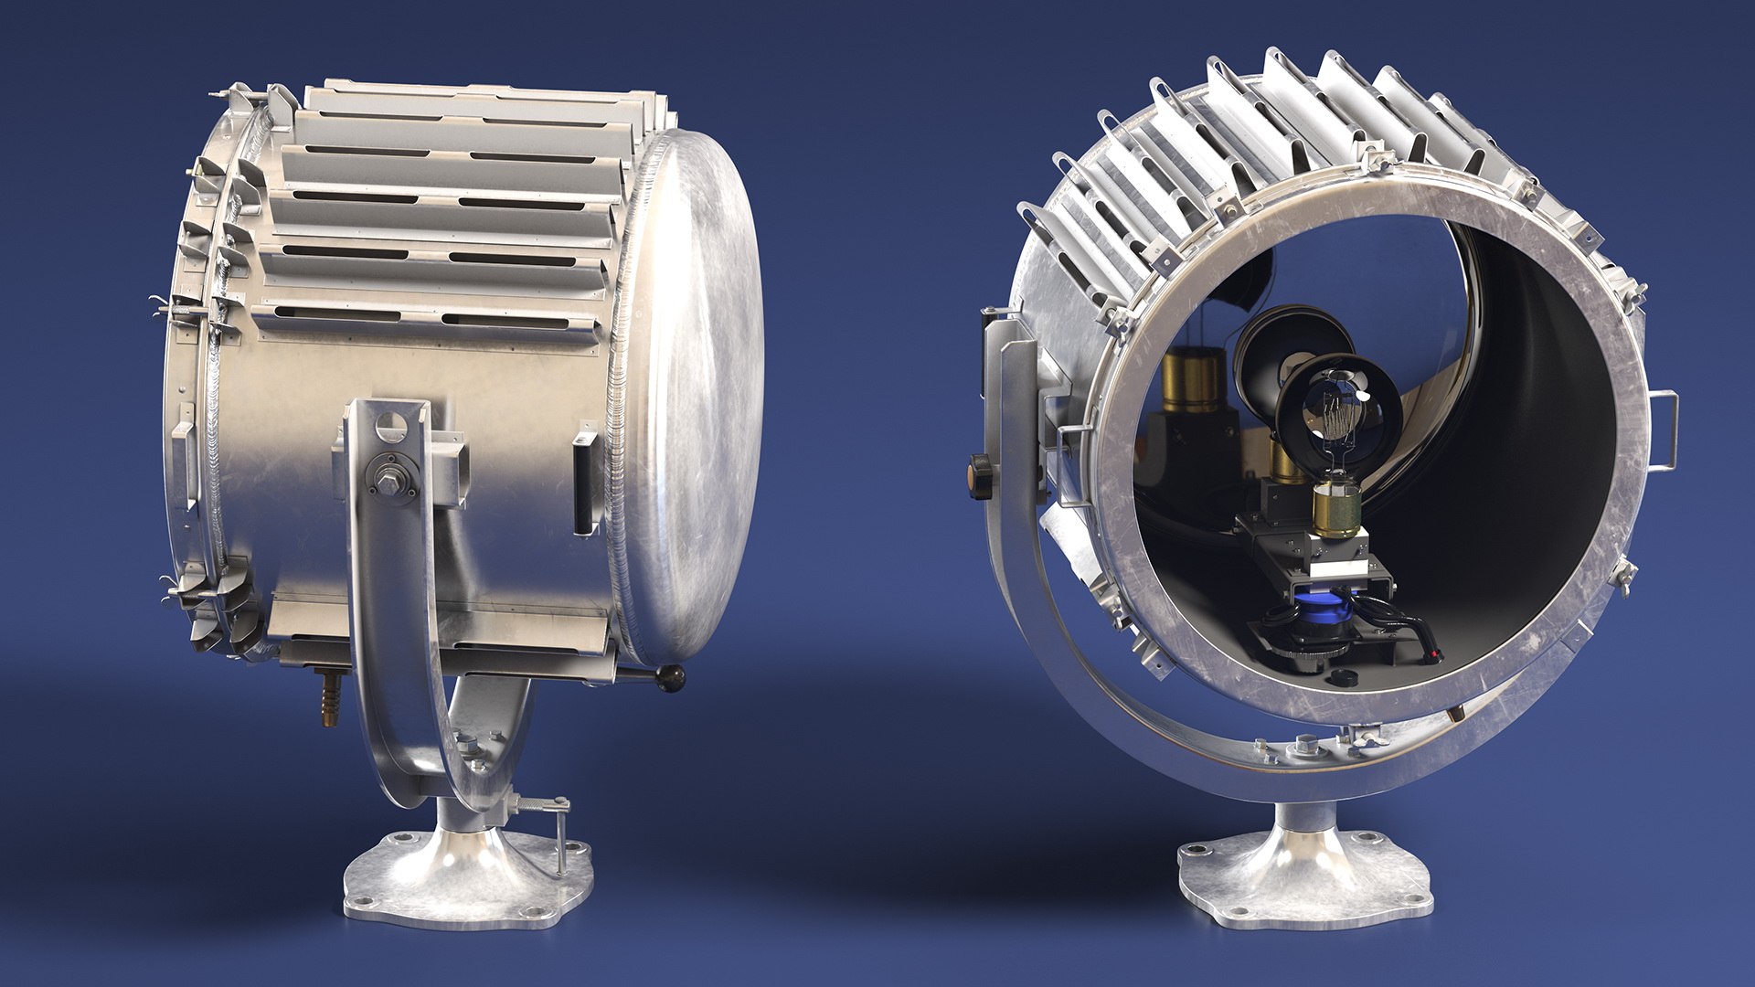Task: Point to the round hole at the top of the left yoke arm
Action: tap(390, 424)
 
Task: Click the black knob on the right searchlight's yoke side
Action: tap(980, 475)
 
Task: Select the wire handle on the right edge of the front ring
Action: tap(1665, 430)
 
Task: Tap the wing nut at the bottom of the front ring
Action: tap(1364, 732)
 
